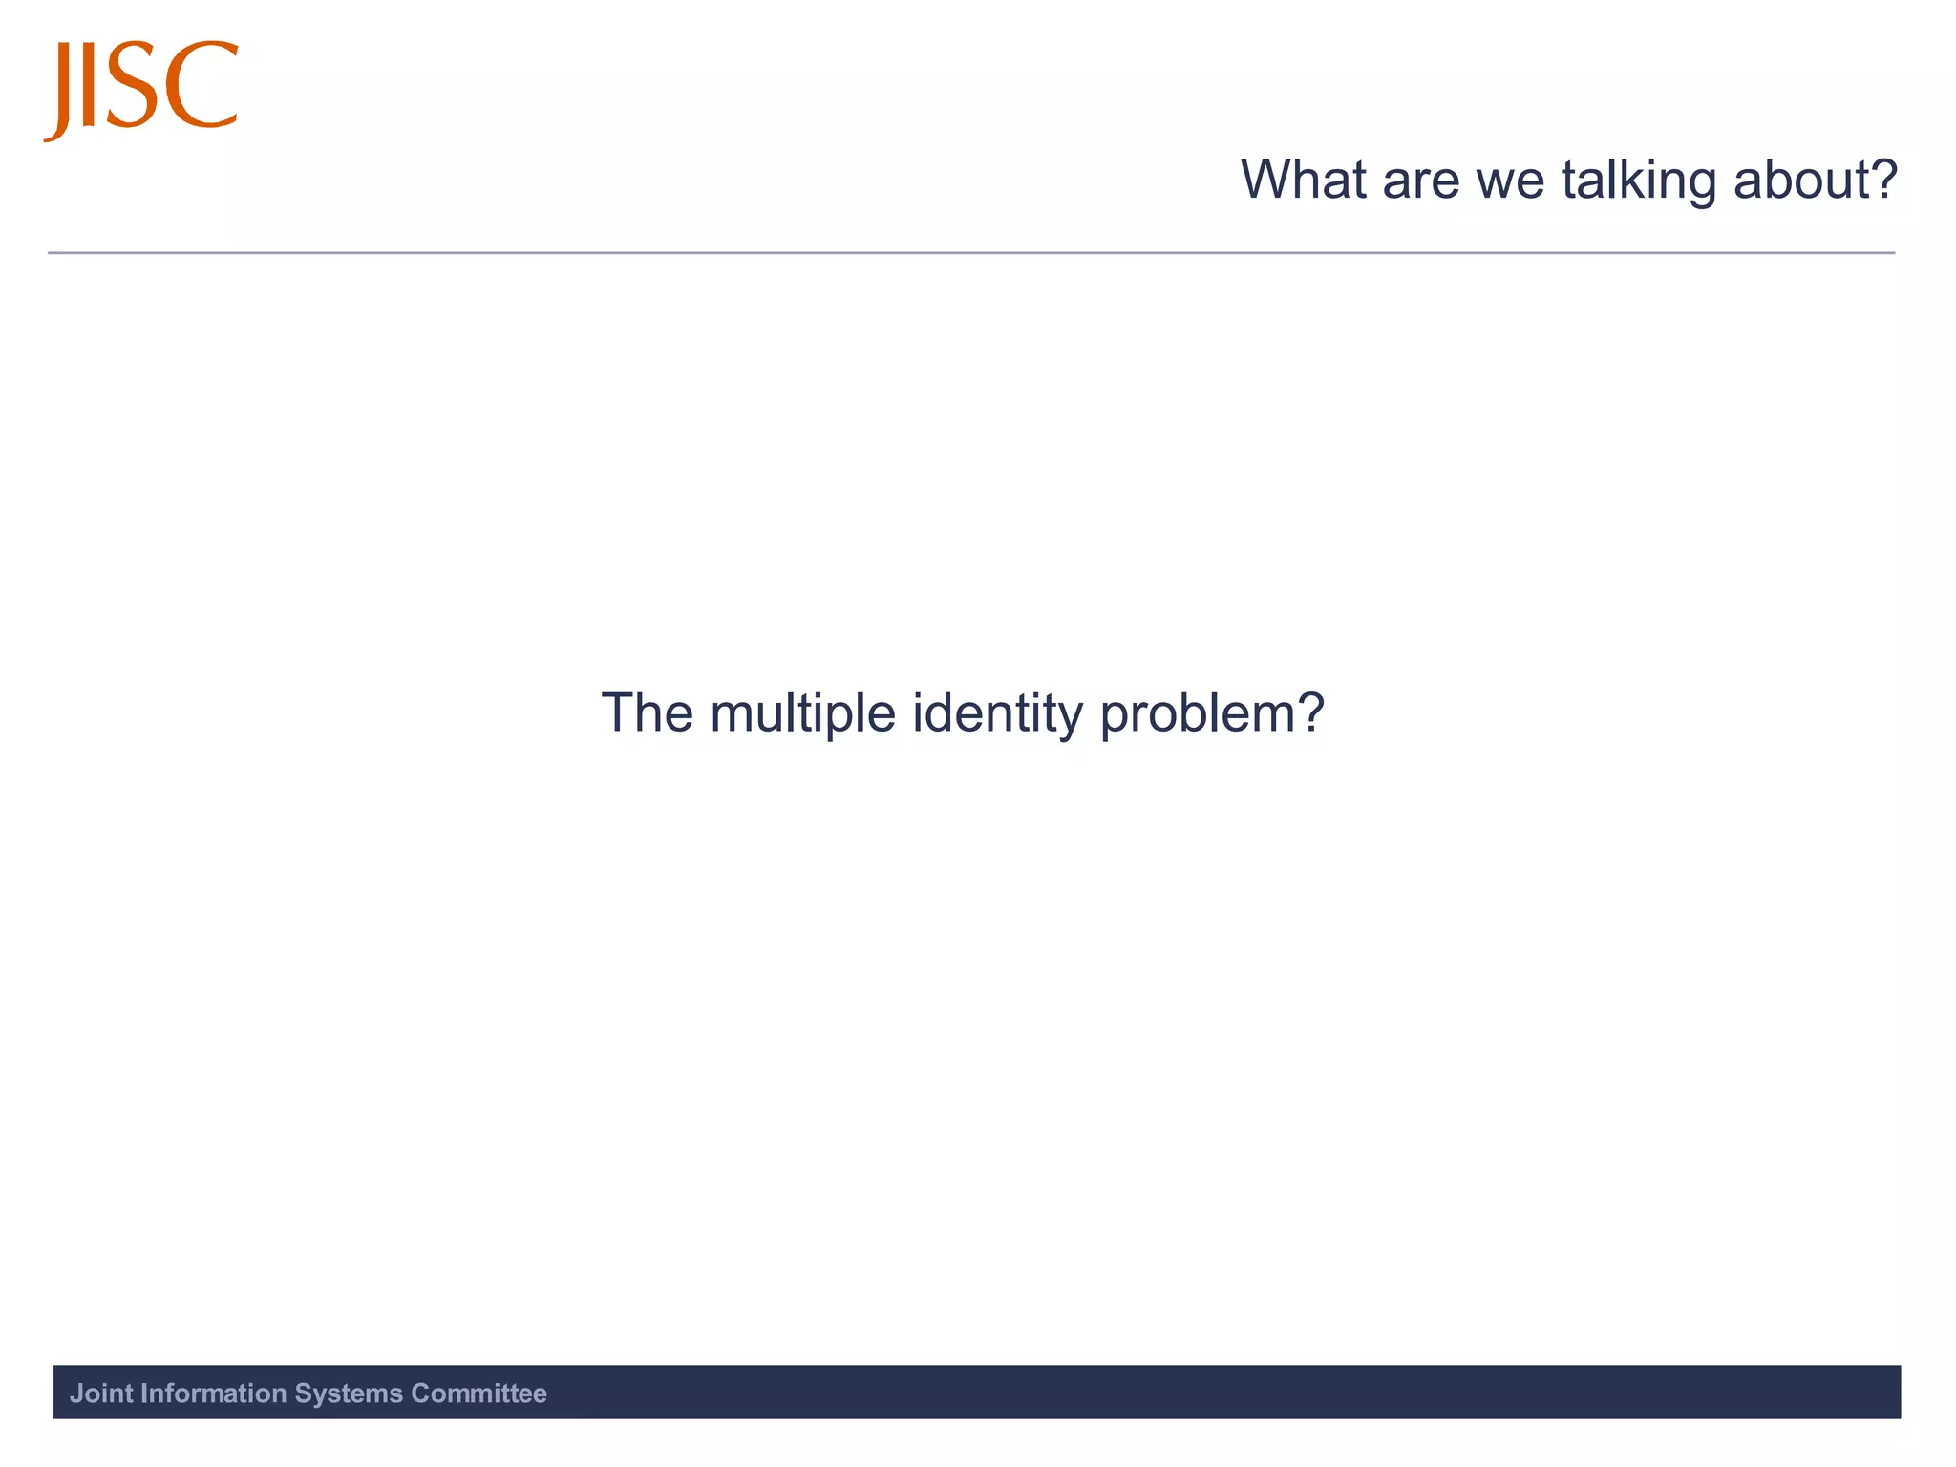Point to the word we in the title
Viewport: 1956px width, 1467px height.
point(1510,181)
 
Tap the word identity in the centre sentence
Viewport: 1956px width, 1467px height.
point(997,714)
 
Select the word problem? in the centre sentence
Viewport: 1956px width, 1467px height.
point(1212,714)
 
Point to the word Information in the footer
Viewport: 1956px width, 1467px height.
point(213,1393)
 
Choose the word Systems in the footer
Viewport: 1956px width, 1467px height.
point(349,1393)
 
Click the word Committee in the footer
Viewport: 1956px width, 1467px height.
point(478,1393)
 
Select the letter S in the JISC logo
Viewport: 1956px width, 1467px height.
point(139,86)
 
